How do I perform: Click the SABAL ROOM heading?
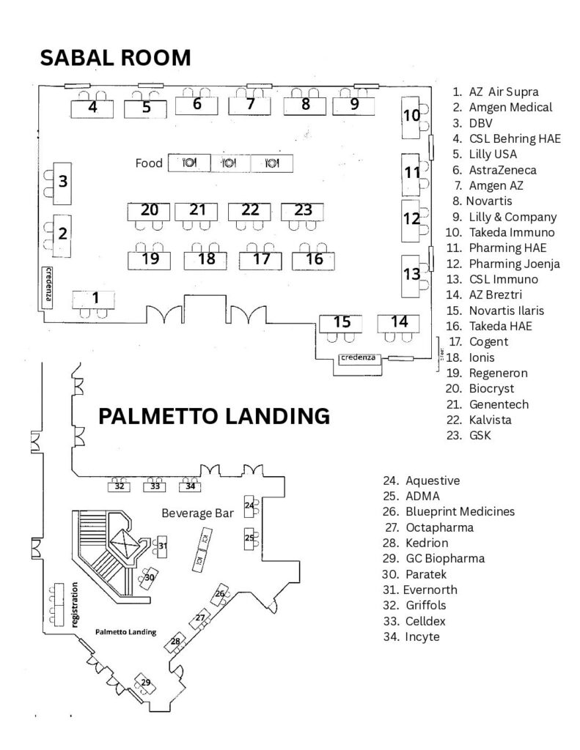click(115, 58)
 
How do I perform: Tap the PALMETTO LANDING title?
click(214, 416)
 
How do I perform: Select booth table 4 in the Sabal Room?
click(92, 108)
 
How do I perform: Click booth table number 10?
click(411, 118)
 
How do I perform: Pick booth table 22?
click(249, 212)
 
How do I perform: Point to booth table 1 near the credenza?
click(94, 300)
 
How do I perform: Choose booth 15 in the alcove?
click(341, 323)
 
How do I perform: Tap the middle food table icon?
click(230, 163)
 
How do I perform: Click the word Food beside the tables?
click(149, 163)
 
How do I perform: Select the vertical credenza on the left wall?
click(48, 286)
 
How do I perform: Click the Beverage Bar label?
click(198, 513)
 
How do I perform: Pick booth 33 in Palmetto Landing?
click(155, 486)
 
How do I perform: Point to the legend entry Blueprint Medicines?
click(449, 512)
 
